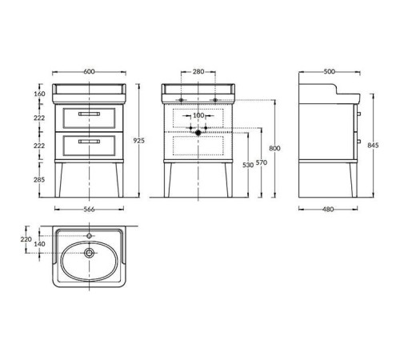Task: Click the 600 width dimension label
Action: (x=89, y=72)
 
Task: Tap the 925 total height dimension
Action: (x=139, y=140)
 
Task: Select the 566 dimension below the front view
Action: (x=89, y=210)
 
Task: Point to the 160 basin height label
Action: (x=39, y=94)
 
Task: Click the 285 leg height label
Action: (x=39, y=180)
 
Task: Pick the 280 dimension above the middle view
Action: (x=198, y=71)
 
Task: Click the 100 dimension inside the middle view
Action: (x=198, y=115)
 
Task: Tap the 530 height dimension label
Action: (x=248, y=165)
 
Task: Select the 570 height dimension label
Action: (x=262, y=162)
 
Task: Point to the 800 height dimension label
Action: (x=274, y=148)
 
